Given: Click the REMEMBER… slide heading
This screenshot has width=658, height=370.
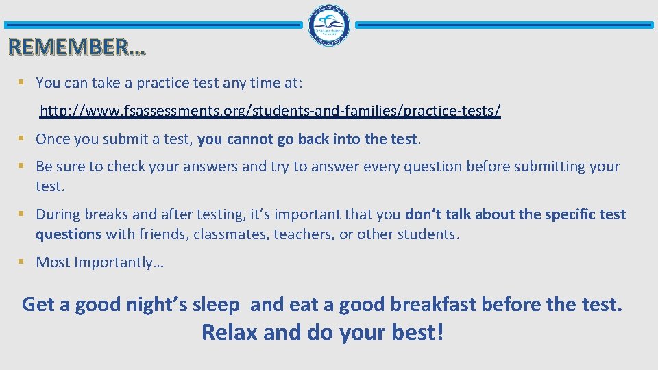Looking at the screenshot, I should [77, 47].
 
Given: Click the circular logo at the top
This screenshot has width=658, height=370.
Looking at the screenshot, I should [329, 25].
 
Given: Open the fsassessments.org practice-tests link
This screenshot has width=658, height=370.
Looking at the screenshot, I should [270, 111].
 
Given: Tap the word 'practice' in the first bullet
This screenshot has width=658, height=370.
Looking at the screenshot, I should [165, 83].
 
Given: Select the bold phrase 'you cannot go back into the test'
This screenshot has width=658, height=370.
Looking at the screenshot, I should [307, 139].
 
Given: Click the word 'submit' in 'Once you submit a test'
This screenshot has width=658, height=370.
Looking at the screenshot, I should [119, 139].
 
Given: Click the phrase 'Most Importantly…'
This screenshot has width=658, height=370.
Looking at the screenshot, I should [99, 262].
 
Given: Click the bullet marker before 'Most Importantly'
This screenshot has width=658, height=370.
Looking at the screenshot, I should [21, 262].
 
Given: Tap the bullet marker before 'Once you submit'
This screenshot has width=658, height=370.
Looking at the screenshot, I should [21, 138].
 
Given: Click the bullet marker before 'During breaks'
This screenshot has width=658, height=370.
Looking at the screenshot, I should [21, 214].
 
